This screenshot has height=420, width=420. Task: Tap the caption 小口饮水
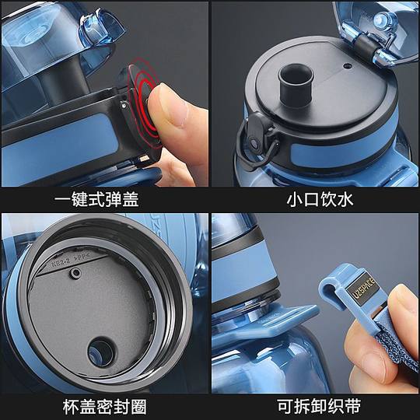(316, 199)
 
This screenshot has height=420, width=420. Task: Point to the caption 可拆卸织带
(316, 406)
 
